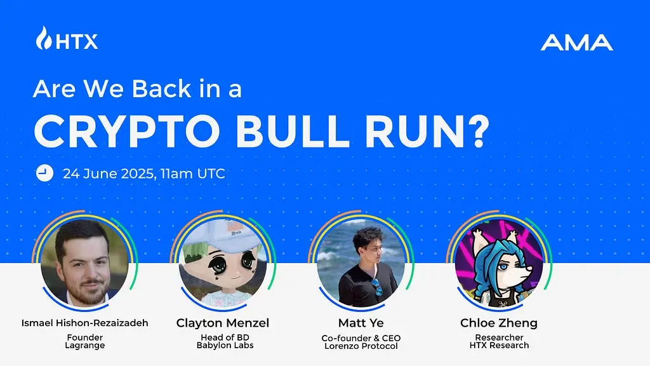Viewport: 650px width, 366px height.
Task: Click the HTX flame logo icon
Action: pos(44,38)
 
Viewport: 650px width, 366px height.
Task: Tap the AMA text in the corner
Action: pos(576,43)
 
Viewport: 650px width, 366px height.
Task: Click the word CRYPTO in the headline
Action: pos(127,131)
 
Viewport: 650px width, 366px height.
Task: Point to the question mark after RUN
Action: pos(478,131)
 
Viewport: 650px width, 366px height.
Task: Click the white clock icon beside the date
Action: pos(44,173)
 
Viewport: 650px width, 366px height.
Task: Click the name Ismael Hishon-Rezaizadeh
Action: pos(84,323)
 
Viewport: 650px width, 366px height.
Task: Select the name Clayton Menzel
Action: pos(223,323)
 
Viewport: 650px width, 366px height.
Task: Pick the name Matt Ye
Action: pos(361,323)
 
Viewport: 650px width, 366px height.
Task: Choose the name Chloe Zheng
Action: pos(499,323)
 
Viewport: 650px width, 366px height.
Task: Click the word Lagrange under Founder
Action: pos(84,346)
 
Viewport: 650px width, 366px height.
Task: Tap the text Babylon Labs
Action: pos(225,345)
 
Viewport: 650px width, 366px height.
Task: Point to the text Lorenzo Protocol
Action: pos(361,346)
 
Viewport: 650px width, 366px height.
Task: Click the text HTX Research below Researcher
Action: pos(499,345)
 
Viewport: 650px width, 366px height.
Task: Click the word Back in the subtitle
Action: pos(161,88)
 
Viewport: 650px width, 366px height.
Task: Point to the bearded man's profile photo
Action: pos(84,262)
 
